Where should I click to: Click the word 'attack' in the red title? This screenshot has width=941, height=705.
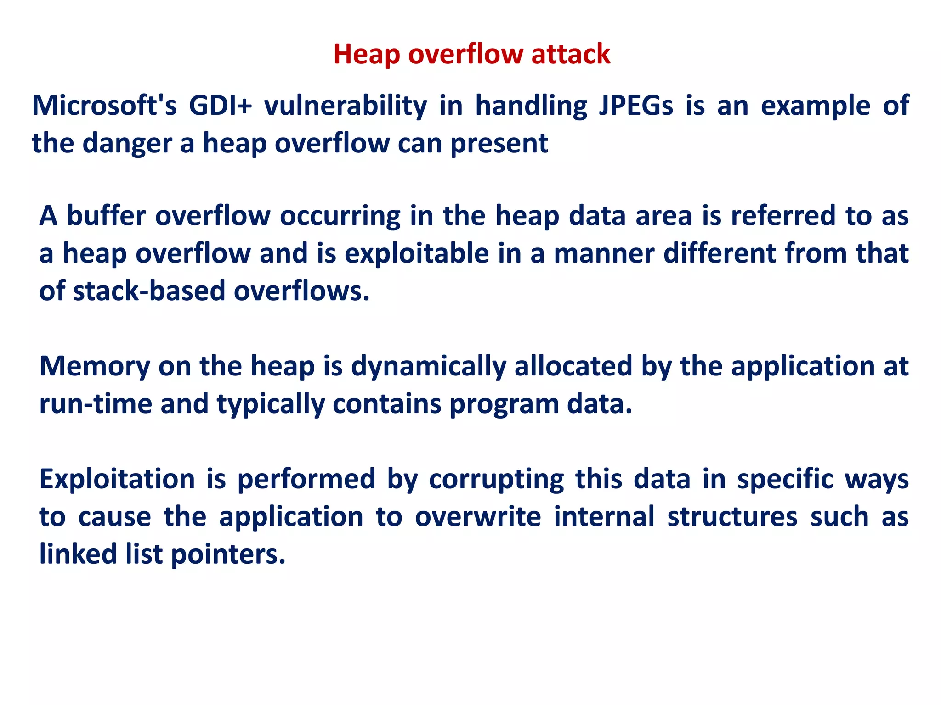tap(571, 54)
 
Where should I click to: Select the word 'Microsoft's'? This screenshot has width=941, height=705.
tap(104, 106)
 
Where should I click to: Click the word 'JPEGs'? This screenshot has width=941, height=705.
tap(636, 106)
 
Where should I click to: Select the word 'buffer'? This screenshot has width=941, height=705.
tap(106, 216)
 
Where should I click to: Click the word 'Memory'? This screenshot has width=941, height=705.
tap(95, 366)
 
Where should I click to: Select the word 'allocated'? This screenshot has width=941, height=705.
tap(573, 366)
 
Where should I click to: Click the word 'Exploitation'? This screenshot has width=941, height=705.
tap(117, 479)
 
